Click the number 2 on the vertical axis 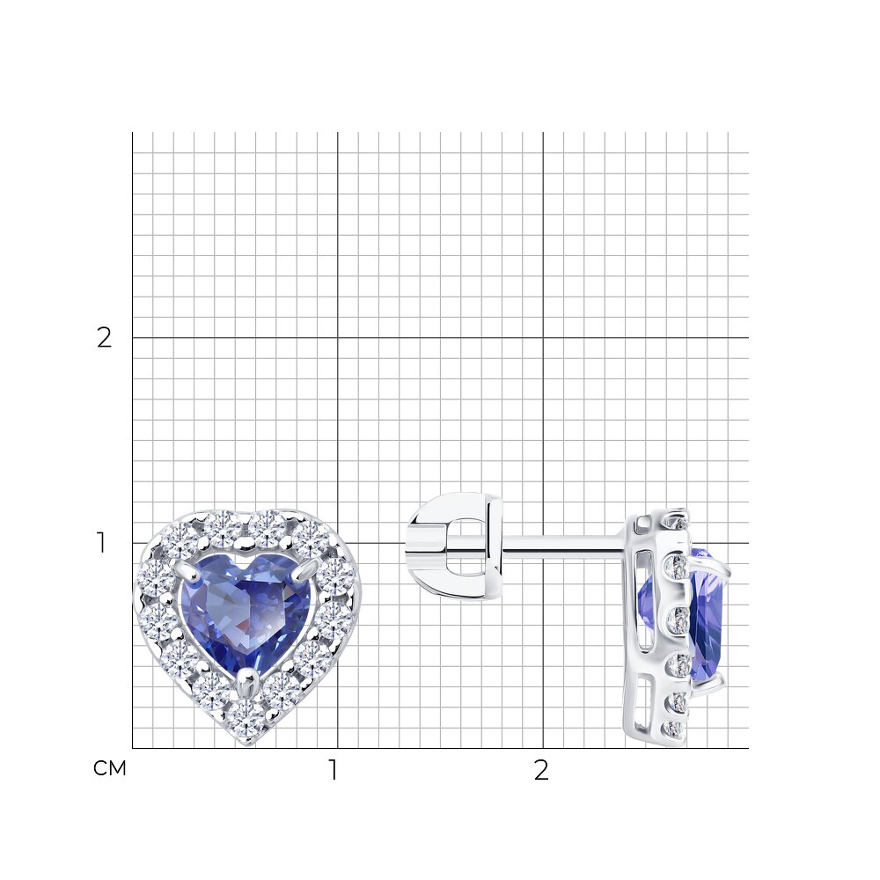click(x=105, y=338)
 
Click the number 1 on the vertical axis click(x=101, y=543)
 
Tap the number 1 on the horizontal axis click(x=334, y=771)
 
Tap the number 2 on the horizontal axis click(x=541, y=771)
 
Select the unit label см click(x=109, y=768)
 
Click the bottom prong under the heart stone click(x=246, y=680)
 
